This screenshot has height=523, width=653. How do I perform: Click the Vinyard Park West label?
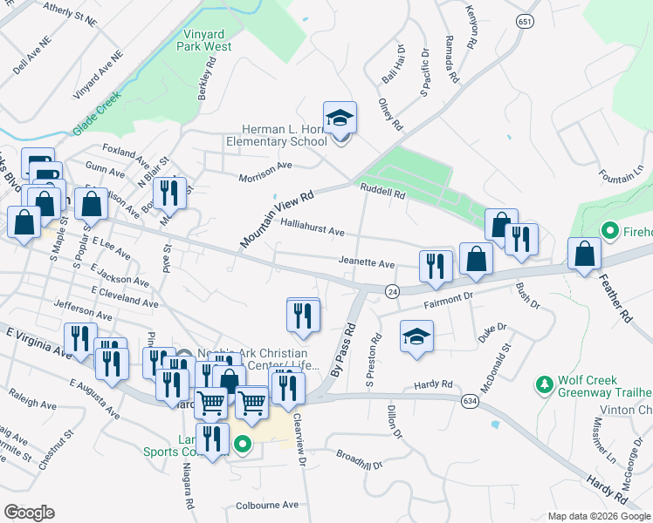pyautogui.click(x=207, y=40)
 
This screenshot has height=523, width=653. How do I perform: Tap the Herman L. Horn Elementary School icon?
pyautogui.click(x=340, y=119)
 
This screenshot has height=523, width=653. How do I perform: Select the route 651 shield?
pyautogui.click(x=524, y=21)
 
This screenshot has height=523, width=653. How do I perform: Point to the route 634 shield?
pyautogui.click(x=468, y=399)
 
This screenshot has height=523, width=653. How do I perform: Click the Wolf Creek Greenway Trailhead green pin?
pyautogui.click(x=546, y=384)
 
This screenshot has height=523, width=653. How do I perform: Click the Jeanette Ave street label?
pyautogui.click(x=367, y=263)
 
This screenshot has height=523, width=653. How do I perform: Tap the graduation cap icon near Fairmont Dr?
pyautogui.click(x=417, y=337)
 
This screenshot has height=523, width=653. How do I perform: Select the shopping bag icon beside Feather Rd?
pyautogui.click(x=584, y=255)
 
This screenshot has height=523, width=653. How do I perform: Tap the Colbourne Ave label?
pyautogui.click(x=267, y=505)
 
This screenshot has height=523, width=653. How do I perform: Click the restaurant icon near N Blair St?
pyautogui.click(x=169, y=194)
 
